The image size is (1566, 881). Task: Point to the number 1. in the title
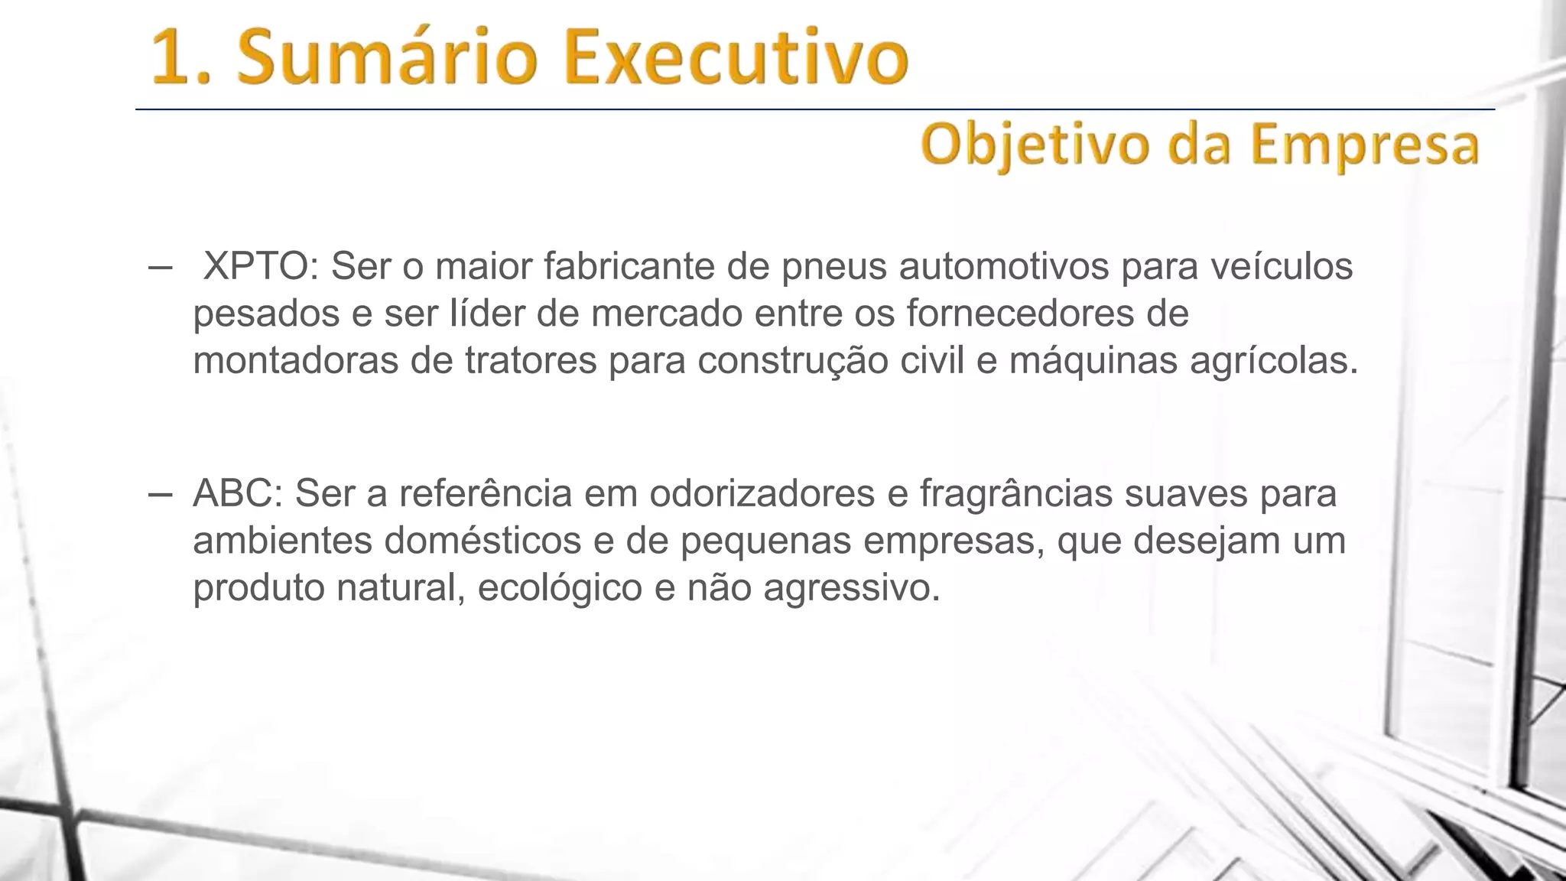(184, 58)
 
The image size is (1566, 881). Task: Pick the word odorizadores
(762, 493)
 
